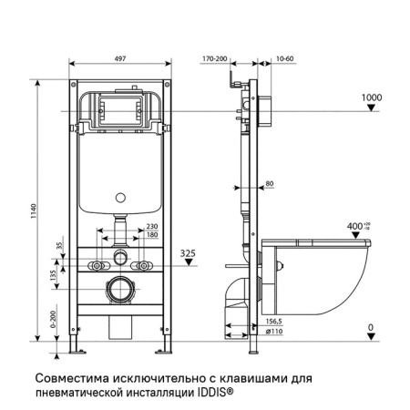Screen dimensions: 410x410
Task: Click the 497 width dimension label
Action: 121,57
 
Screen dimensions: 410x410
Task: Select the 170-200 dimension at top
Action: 214,57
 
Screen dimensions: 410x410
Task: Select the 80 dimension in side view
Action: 270,185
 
